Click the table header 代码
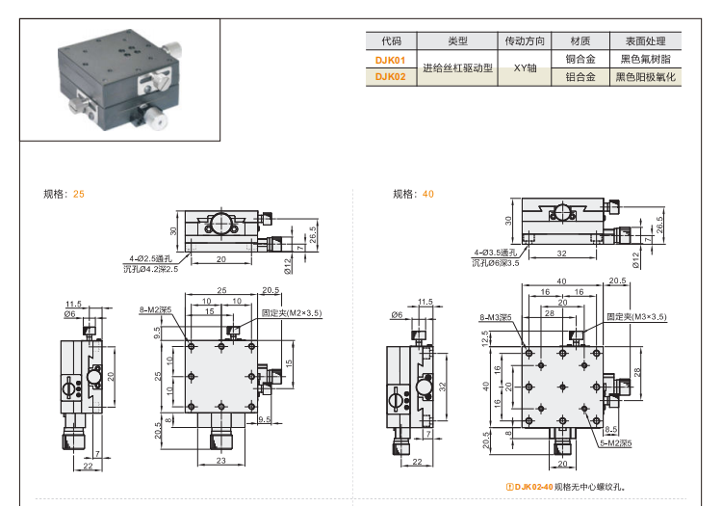click(x=391, y=41)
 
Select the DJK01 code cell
click(x=391, y=60)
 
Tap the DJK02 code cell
click(x=391, y=77)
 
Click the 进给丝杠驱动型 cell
click(x=457, y=68)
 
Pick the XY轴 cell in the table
click(x=526, y=68)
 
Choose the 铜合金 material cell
click(x=580, y=60)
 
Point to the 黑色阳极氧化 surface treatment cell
click(x=647, y=77)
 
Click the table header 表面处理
click(x=647, y=41)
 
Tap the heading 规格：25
click(x=64, y=194)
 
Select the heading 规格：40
click(x=414, y=194)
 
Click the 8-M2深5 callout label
click(x=154, y=310)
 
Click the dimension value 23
click(x=220, y=462)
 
